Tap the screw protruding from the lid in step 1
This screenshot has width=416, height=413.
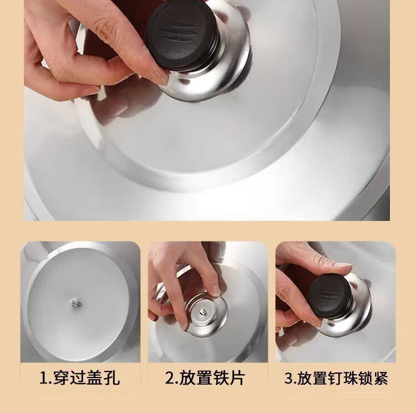click(75, 303)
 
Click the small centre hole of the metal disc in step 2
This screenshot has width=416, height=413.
click(203, 311)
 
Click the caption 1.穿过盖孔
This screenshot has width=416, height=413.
click(79, 377)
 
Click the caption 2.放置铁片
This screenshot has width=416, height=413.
click(205, 377)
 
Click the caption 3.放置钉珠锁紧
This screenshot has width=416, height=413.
click(336, 377)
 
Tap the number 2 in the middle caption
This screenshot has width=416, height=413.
click(170, 378)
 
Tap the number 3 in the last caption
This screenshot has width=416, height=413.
click(289, 378)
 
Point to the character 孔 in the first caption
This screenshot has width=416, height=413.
click(111, 377)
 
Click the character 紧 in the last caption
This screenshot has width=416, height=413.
click(380, 377)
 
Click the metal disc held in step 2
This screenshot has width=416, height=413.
click(205, 314)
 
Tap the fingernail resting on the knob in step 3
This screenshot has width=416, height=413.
click(343, 265)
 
